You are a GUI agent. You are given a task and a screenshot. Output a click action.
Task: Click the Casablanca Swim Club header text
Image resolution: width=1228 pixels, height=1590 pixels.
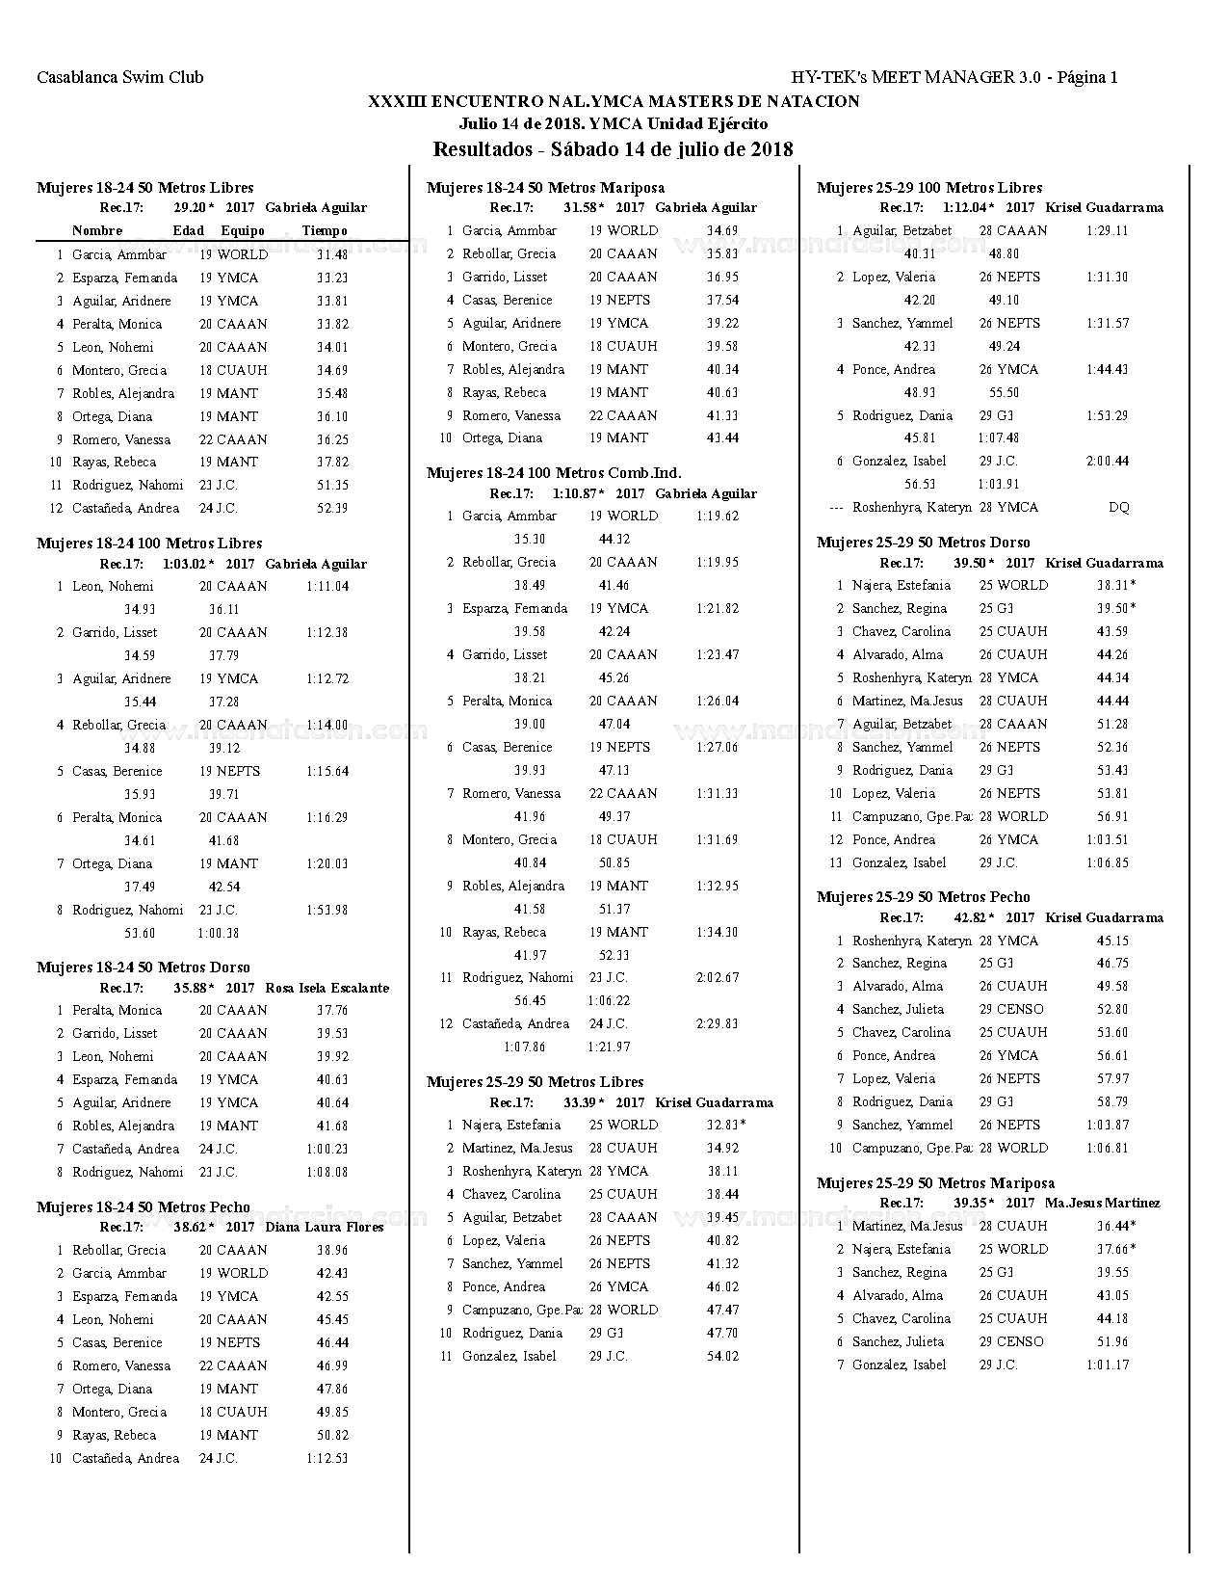coord(120,77)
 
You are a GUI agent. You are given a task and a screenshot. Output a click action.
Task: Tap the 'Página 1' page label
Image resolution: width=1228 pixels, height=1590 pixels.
coord(1087,77)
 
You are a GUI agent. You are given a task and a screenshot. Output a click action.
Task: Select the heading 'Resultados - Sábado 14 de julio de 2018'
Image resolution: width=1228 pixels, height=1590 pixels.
coord(613,149)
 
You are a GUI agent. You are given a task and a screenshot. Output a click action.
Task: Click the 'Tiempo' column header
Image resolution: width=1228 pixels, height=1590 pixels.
coord(325,231)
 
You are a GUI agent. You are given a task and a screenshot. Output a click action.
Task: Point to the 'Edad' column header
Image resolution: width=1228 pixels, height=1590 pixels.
coord(189,231)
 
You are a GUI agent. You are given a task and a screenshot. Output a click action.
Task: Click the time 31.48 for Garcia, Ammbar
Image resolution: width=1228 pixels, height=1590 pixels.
coord(332,255)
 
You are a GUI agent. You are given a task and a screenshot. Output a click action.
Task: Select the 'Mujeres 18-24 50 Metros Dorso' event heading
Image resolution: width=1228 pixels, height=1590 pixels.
coord(144,967)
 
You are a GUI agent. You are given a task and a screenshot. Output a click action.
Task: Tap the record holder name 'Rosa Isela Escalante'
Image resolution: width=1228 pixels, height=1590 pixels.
coord(327,988)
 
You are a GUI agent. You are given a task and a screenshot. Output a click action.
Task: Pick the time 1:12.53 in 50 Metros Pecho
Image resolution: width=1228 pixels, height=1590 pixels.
coord(327,1459)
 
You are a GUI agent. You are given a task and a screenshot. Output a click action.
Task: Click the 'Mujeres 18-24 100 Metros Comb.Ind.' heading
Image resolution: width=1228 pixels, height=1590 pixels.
coord(554,473)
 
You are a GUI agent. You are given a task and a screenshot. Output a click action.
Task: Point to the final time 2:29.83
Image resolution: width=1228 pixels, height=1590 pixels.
coord(717,1024)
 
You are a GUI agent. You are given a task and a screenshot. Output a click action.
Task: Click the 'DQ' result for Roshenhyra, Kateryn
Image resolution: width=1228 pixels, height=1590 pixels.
coord(1118,508)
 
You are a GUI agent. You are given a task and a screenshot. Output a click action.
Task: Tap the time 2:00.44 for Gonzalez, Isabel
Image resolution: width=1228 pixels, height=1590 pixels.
coord(1107,462)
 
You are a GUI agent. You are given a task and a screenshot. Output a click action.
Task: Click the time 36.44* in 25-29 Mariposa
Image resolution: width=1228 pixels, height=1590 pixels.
coord(1115,1227)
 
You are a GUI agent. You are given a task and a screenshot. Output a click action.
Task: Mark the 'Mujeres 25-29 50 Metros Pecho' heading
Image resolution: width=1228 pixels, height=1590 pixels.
coord(923,897)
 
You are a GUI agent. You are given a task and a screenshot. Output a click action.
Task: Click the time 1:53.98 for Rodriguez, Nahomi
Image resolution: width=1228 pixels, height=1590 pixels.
coord(327,911)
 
